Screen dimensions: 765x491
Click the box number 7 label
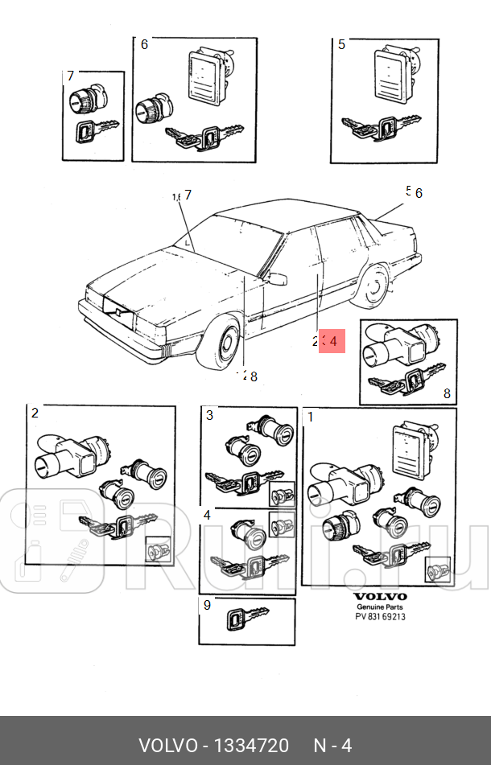coord(71,76)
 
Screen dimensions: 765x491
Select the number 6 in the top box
coord(144,44)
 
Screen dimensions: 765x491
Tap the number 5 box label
coord(341,44)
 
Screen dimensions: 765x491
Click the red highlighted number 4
coord(332,341)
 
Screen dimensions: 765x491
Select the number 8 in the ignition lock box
coord(447,394)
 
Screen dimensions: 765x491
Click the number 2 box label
coord(35,413)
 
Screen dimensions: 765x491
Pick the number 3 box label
coord(209,415)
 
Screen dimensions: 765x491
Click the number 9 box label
coord(207,605)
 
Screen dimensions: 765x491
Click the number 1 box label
coord(311,417)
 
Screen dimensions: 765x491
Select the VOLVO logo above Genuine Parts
coord(381,597)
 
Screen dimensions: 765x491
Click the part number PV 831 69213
coord(381,617)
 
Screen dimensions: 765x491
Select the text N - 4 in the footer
coord(332,746)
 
